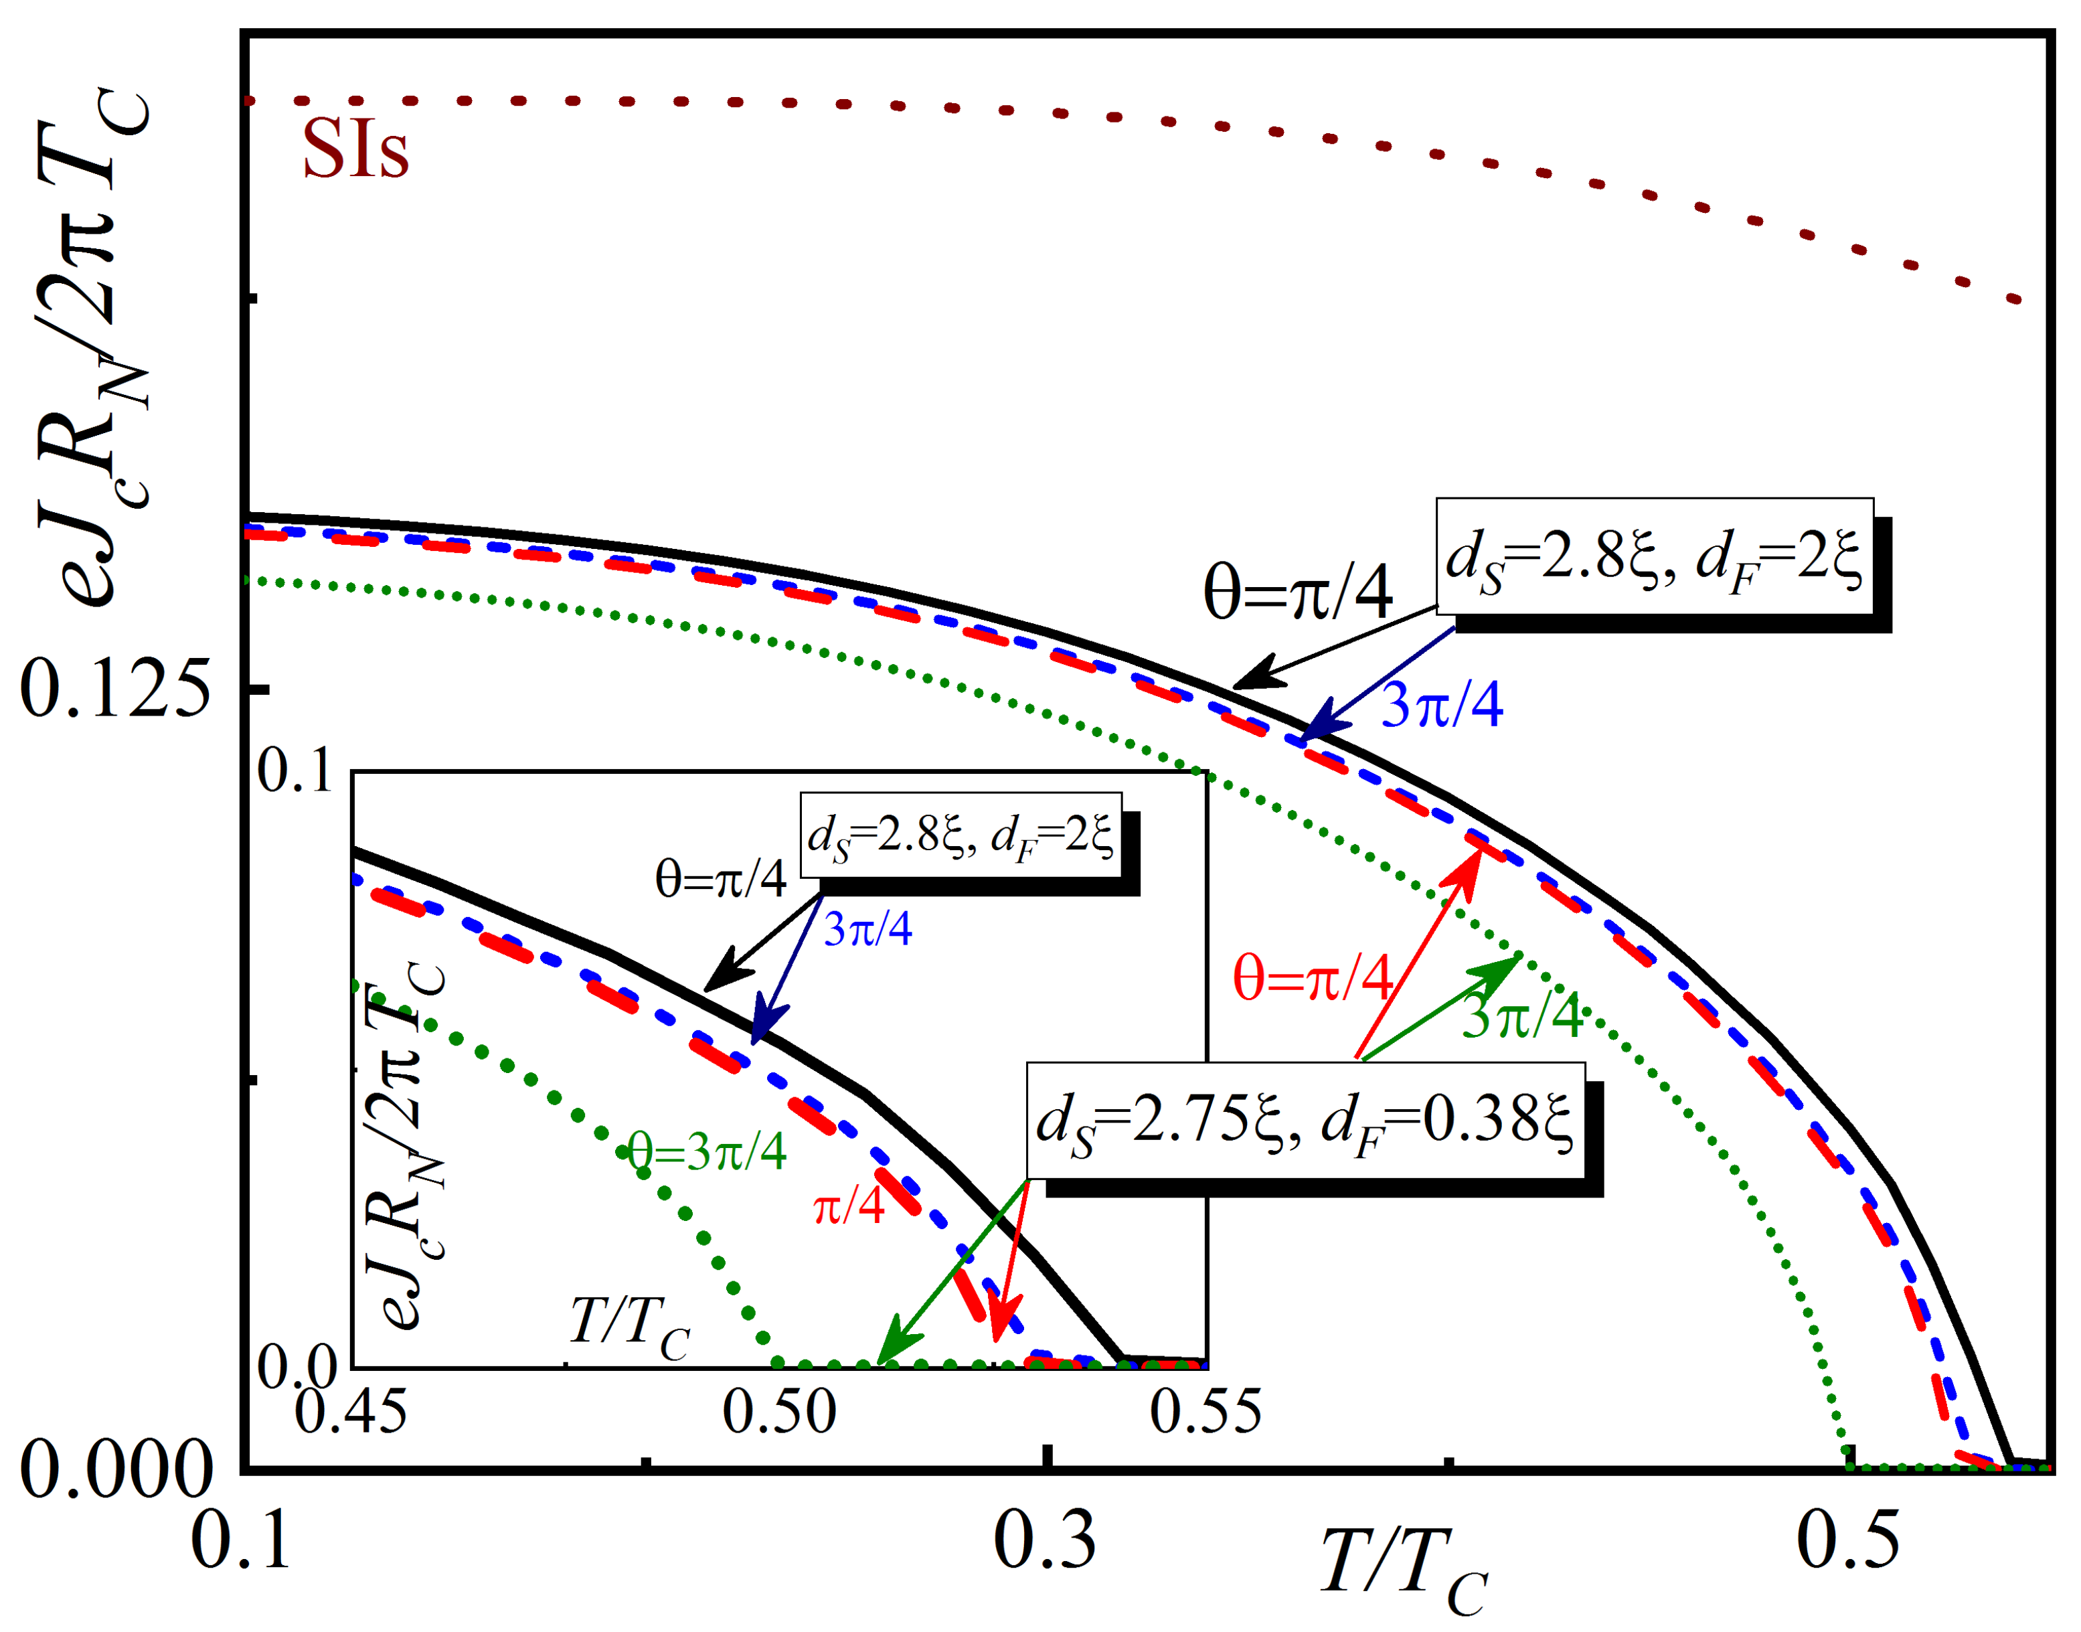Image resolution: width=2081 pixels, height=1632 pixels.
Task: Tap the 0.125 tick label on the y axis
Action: (x=114, y=688)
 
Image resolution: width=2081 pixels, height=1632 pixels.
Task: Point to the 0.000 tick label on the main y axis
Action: (x=114, y=1469)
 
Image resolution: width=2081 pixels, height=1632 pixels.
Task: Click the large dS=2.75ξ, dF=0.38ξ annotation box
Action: (x=1305, y=1120)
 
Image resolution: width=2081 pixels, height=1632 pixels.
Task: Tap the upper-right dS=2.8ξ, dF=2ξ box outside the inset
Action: (x=1654, y=556)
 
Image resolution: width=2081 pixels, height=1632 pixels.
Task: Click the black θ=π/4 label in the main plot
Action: (x=1297, y=592)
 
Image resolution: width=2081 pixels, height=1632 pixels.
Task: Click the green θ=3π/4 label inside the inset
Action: (x=707, y=1151)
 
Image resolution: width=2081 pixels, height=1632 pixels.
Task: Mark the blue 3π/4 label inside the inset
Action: (x=867, y=928)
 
